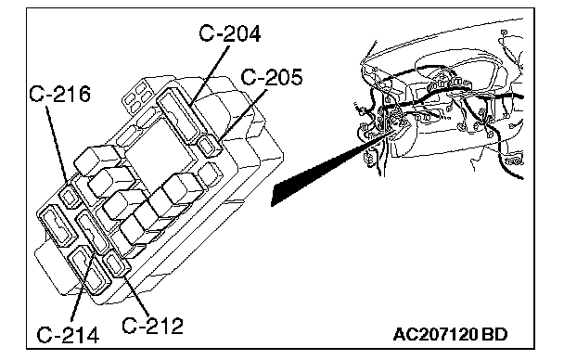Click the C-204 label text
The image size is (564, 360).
click(230, 33)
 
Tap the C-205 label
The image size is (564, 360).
click(272, 77)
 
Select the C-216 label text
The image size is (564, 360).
click(59, 94)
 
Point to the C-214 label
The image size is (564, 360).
click(68, 335)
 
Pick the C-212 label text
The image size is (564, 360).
click(152, 326)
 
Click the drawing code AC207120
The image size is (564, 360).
click(435, 334)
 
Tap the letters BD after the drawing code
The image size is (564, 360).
click(494, 334)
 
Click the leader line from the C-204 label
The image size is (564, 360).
click(210, 75)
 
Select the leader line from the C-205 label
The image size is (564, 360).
click(242, 114)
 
